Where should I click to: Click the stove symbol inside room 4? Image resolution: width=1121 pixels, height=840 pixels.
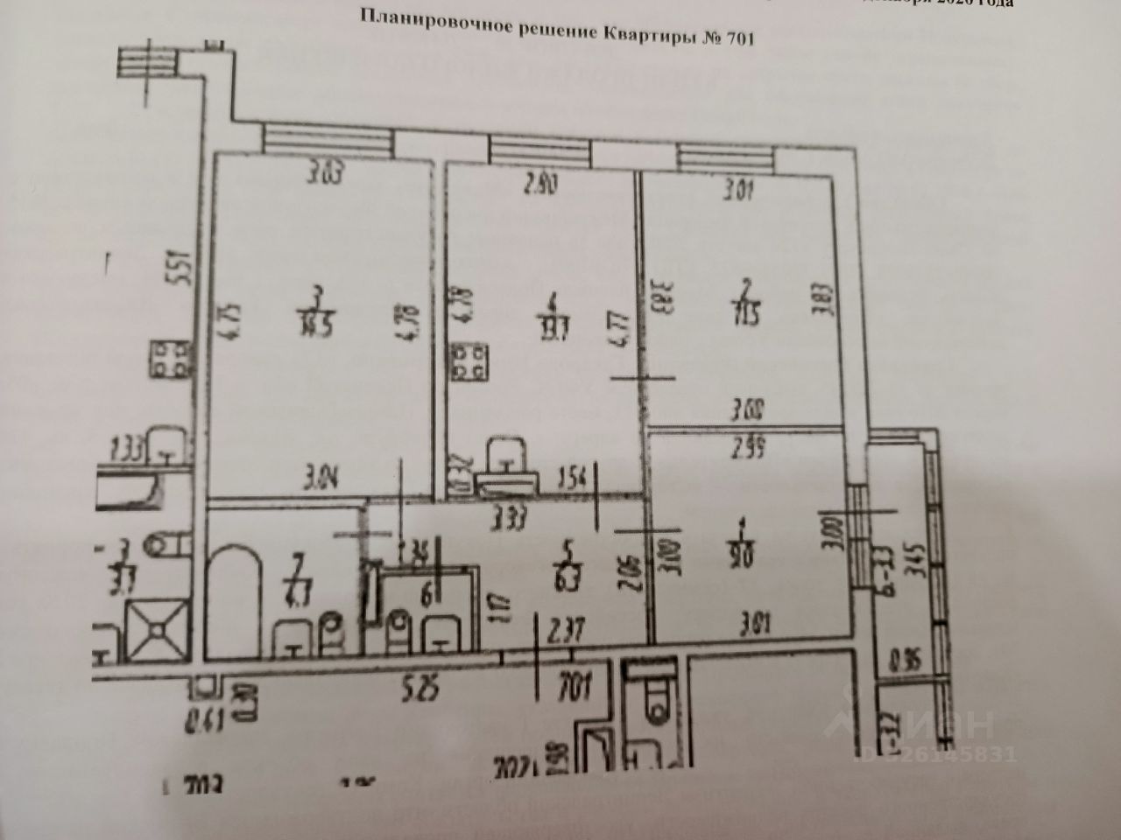(470, 362)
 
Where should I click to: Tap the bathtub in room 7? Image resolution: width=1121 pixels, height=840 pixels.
(235, 604)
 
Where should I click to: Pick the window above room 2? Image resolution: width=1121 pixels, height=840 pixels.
(728, 157)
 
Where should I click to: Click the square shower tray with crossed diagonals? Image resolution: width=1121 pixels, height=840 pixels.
(159, 626)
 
